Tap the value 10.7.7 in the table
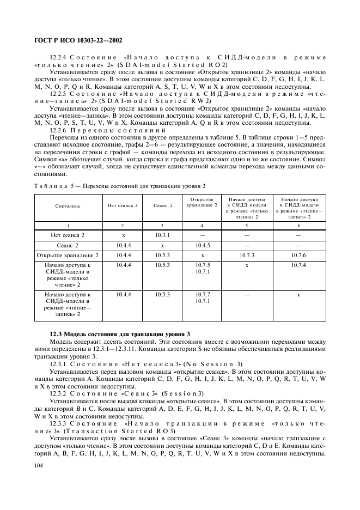tap(202, 294)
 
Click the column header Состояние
tap(68, 206)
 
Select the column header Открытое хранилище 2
tap(202, 202)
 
